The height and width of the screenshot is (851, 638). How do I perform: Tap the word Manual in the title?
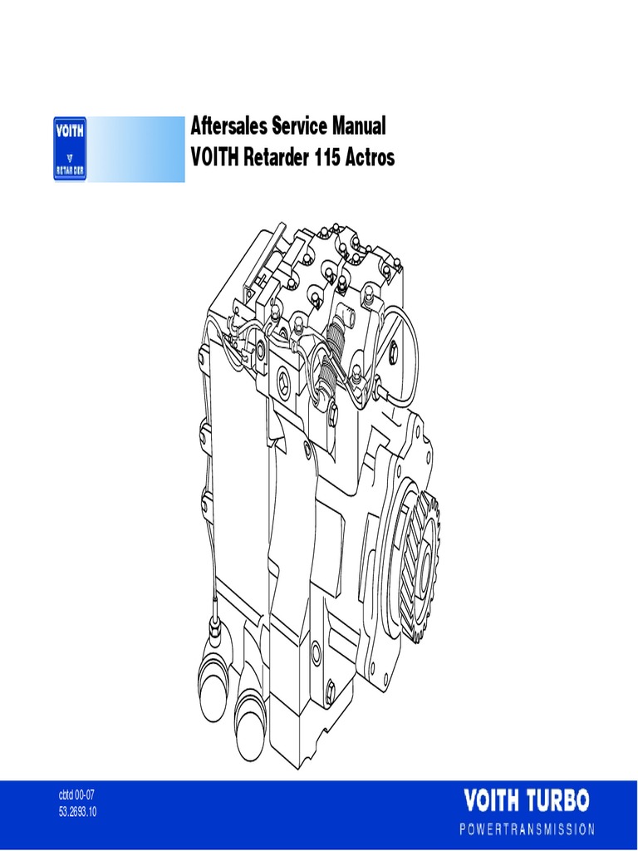(358, 127)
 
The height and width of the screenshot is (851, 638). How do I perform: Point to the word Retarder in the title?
(275, 157)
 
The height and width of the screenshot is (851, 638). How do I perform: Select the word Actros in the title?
(371, 157)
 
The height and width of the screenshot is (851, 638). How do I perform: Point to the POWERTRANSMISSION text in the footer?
(528, 829)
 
